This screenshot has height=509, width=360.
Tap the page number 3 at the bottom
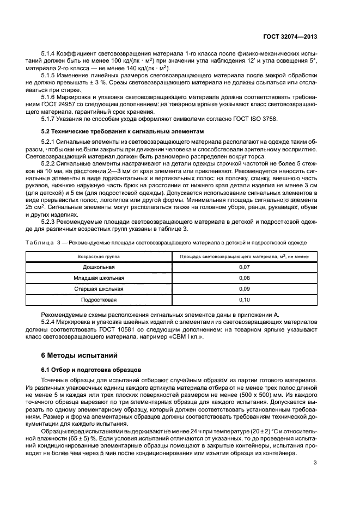(x=315, y=463)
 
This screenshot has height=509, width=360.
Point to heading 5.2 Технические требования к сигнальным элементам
(x=117, y=132)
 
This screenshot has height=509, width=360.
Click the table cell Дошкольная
(x=99, y=267)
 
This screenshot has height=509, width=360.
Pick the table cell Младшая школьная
(x=99, y=278)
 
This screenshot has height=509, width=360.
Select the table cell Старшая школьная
(x=99, y=289)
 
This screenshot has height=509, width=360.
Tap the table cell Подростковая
(x=99, y=300)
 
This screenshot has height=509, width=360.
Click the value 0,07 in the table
(x=244, y=267)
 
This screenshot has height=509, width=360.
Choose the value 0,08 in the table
(x=244, y=278)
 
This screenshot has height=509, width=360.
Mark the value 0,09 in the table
(x=244, y=289)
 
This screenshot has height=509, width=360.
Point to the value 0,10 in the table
(x=244, y=300)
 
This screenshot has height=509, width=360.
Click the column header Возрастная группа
(x=99, y=255)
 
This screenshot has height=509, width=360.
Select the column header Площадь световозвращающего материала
(x=244, y=255)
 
